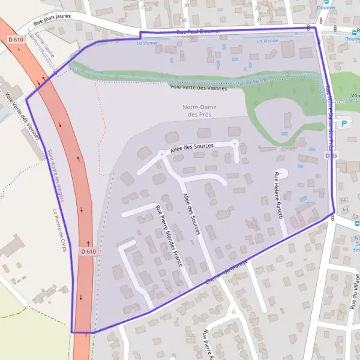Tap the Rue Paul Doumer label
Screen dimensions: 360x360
[x=199, y=31]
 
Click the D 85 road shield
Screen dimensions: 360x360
[x=331, y=155]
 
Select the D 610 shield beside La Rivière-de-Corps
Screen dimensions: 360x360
[x=87, y=252]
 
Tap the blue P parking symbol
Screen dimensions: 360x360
[x=344, y=124]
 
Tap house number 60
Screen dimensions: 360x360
[x=345, y=209]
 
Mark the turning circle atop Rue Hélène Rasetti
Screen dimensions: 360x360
[x=283, y=173]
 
